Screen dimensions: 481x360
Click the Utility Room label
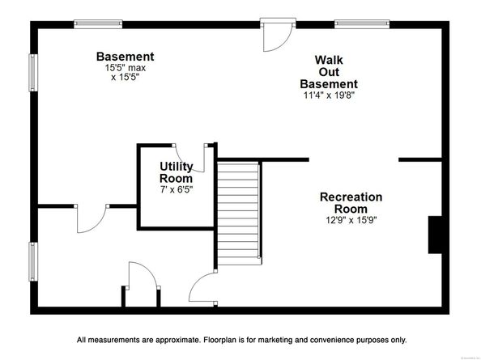tap(176, 172)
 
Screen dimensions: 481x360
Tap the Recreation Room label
tap(351, 202)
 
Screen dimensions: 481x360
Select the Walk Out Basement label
tap(329, 72)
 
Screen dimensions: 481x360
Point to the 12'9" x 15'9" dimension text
tap(351, 220)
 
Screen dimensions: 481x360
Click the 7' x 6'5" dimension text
tap(176, 189)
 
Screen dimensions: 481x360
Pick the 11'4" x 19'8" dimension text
tap(329, 95)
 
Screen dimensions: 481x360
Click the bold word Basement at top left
tap(126, 57)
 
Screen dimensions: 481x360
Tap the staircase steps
tap(238, 214)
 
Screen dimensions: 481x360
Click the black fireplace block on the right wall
tap(435, 235)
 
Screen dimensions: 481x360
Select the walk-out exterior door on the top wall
tap(278, 35)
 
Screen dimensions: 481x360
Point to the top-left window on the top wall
tap(98, 24)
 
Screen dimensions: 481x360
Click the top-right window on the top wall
tap(362, 24)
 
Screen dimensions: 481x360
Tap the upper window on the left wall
tap(33, 73)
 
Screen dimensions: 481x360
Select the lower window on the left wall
tap(33, 261)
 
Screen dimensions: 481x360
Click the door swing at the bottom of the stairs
tap(203, 287)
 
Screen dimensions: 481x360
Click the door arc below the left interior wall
tap(92, 218)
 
